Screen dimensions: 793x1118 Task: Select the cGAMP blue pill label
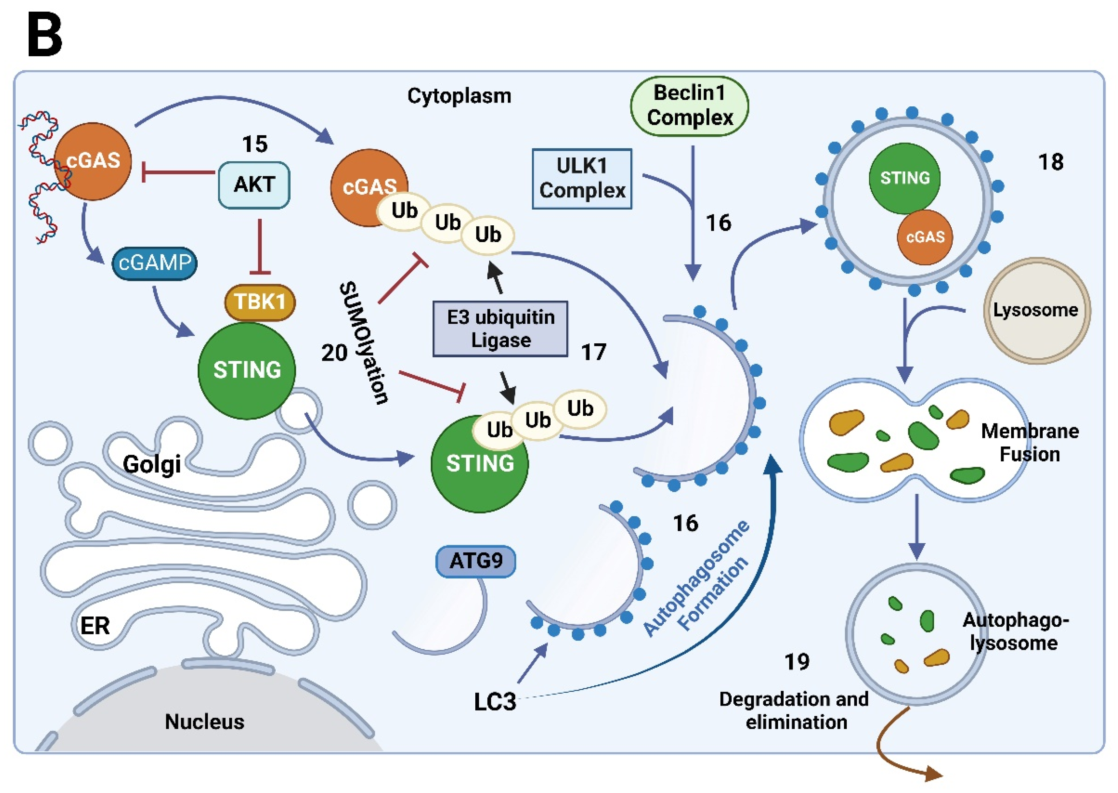154,263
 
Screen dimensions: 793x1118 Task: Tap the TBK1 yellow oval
260,302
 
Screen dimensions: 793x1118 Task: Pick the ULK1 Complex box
582,179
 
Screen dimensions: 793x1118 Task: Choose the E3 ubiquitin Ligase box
500,329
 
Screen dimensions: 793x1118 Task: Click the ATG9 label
475,561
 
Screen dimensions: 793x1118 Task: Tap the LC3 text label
494,702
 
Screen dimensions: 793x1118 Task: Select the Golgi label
152,464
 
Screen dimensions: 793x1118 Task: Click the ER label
95,626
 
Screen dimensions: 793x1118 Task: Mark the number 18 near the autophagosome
1051,162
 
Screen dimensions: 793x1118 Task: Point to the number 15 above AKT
255,144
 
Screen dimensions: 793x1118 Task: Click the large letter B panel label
45,35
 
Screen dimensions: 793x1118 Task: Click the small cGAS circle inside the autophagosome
925,237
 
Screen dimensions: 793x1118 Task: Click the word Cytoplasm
459,96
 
